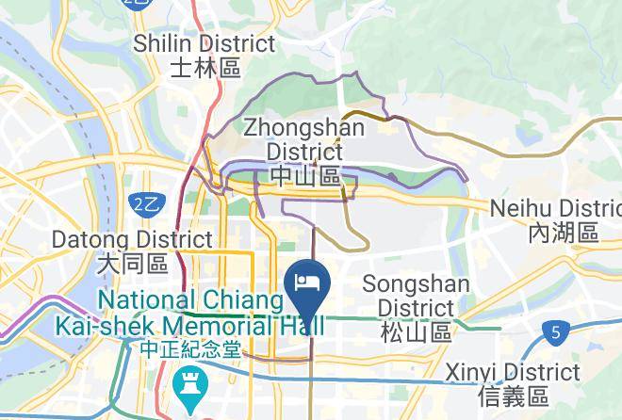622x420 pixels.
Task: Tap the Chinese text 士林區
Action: click(x=206, y=68)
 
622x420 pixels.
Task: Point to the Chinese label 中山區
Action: click(x=304, y=176)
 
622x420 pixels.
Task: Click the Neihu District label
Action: click(x=557, y=208)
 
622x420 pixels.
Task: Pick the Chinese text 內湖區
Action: click(x=564, y=233)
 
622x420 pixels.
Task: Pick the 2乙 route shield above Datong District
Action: click(x=144, y=203)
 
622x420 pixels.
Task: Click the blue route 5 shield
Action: click(x=556, y=332)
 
